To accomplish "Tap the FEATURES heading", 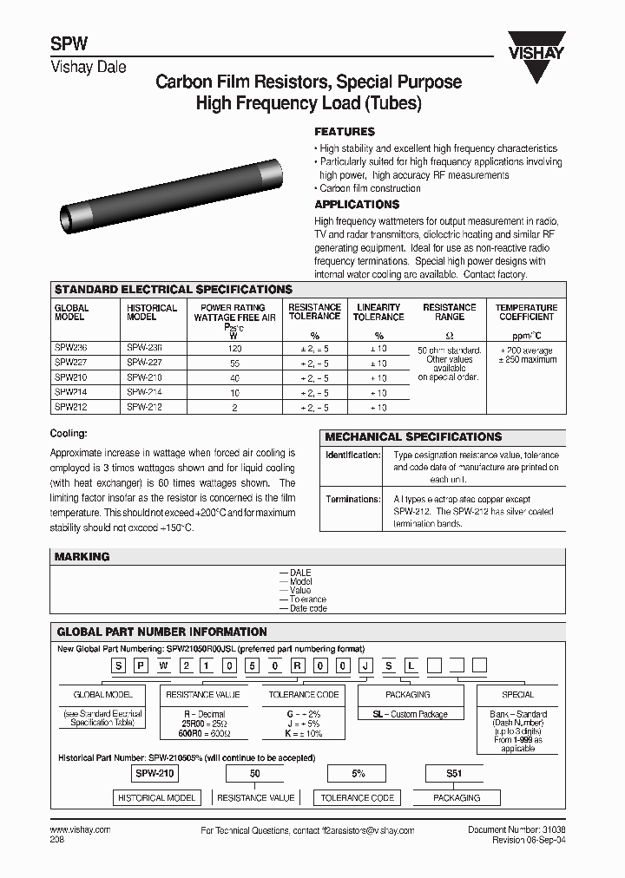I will tap(344, 132).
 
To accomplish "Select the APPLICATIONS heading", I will tap(356, 205).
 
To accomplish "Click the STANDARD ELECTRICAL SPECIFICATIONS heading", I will tap(174, 289).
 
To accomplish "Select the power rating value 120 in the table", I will tap(234, 347).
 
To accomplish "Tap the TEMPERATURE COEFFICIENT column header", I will tap(526, 312).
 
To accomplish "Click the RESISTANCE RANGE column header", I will tap(449, 312).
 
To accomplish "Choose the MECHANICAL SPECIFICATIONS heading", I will tap(413, 437).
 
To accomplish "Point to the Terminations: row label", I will tap(352, 500).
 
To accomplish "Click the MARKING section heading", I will tap(82, 557).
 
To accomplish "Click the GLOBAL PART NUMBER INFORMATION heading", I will tap(161, 632).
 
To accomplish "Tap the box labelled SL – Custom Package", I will tap(408, 714).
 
